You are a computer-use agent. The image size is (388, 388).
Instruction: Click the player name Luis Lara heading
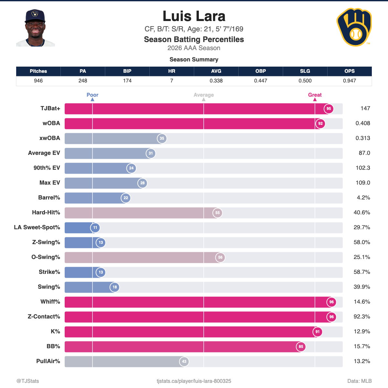pos(194,16)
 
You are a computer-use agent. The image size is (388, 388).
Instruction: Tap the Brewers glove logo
pos(354,27)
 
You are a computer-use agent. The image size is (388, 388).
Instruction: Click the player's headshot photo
pos(36,28)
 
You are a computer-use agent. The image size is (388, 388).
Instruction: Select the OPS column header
pos(349,71)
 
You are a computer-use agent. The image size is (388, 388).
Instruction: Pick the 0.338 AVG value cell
pos(216,81)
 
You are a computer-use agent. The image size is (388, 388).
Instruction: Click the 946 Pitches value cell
pos(38,81)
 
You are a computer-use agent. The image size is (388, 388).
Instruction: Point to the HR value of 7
pos(172,81)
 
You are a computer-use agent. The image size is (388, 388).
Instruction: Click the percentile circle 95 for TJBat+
pos(329,109)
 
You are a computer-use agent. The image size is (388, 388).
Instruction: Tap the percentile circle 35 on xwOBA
pos(162,138)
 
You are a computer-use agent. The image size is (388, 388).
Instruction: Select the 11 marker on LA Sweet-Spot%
pos(95,228)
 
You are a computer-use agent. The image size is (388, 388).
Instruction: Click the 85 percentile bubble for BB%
pos(301,347)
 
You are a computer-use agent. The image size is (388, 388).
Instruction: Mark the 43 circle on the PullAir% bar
pos(184,361)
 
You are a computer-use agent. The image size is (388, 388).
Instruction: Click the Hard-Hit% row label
pos(46,213)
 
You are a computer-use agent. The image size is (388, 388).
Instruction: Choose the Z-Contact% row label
pos(44,317)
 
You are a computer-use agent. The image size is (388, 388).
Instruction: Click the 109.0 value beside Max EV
pos(363,183)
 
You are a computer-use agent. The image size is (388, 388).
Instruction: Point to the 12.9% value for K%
pos(362,332)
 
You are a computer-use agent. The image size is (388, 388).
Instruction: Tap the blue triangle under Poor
pos(92,100)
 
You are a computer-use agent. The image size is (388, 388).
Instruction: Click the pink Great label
pos(315,95)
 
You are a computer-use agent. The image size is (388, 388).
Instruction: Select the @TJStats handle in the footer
pos(27,381)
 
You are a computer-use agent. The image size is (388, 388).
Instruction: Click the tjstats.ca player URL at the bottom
pos(194,381)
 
